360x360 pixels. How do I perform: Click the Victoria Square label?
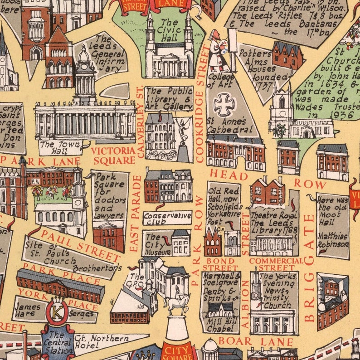113,155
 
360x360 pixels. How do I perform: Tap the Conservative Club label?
167,218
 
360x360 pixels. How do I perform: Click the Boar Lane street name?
256,341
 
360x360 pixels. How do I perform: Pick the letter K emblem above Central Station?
58,313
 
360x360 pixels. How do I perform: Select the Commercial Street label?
276,264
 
